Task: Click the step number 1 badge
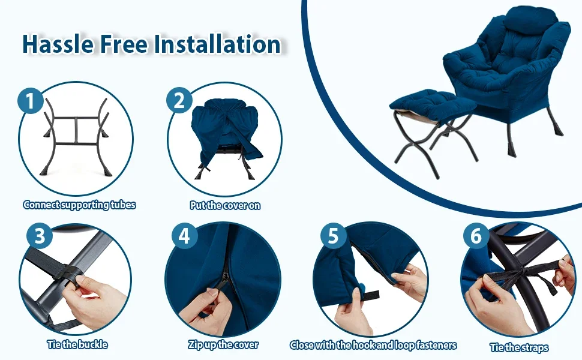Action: [31, 101]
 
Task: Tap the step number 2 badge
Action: [179, 100]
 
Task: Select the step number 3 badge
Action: [40, 236]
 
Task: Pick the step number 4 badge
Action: [184, 236]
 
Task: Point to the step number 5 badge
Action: [334, 236]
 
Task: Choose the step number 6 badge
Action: [476, 236]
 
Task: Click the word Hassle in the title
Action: [58, 44]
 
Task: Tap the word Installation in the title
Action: [217, 44]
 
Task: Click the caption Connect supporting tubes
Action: [79, 205]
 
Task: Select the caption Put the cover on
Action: [225, 205]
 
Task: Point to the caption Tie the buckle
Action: [77, 345]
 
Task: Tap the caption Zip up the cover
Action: [223, 345]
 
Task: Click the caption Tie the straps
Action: [519, 348]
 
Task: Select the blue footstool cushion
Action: [433, 102]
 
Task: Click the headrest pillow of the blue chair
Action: [531, 19]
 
